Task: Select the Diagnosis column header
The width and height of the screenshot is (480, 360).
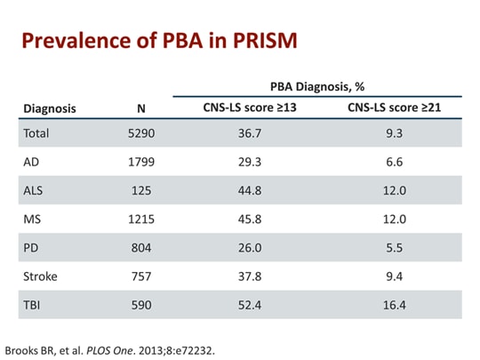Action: pyautogui.click(x=49, y=109)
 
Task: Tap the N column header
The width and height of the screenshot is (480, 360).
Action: pyautogui.click(x=140, y=109)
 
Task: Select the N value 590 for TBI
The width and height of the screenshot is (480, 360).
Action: pyautogui.click(x=140, y=304)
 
